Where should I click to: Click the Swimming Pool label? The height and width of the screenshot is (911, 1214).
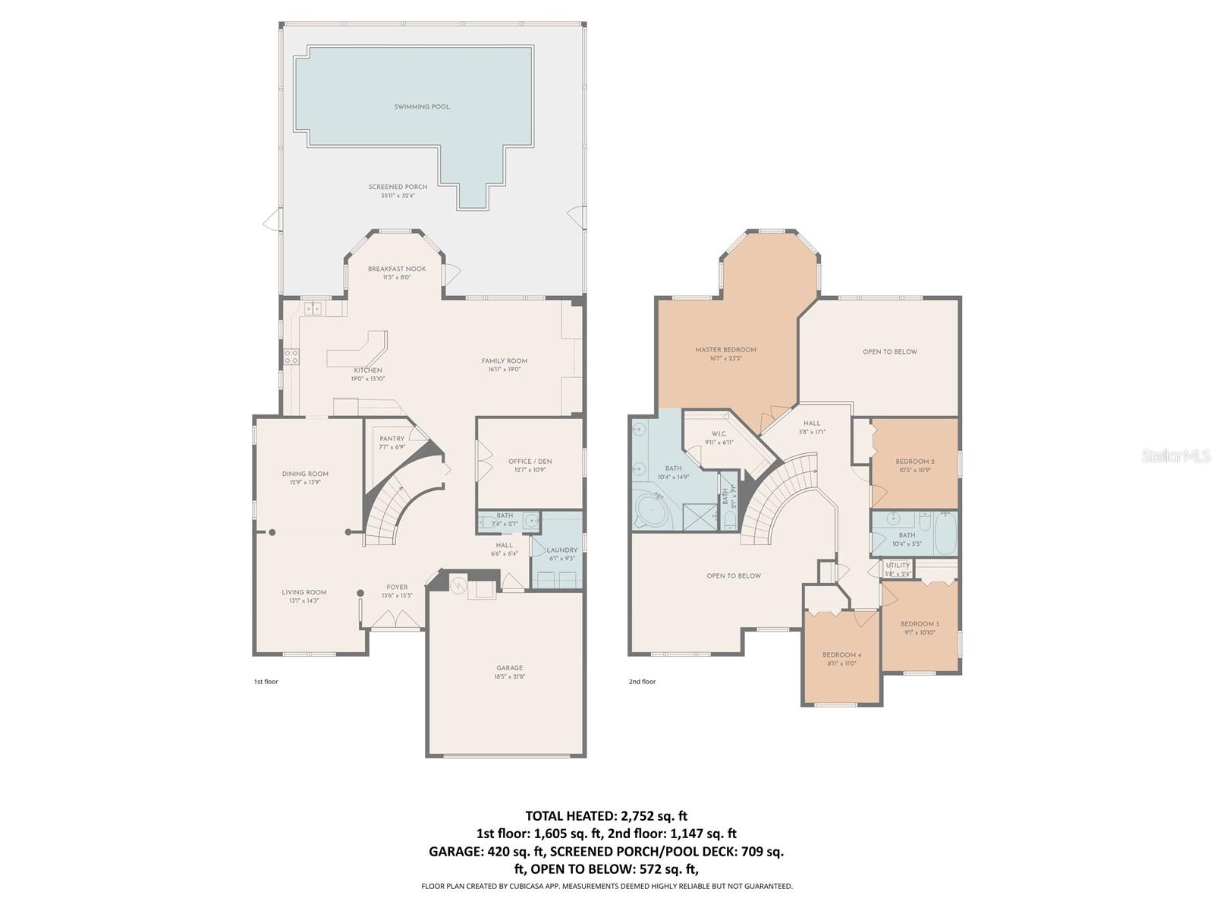(422, 107)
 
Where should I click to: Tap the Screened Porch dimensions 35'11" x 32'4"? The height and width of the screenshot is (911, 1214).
(398, 196)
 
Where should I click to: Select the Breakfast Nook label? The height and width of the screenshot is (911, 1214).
(397, 269)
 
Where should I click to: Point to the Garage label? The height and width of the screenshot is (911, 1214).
(510, 668)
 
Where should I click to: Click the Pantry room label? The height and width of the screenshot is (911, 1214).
(392, 439)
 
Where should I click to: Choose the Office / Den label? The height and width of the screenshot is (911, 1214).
(530, 462)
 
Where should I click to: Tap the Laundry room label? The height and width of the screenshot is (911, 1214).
(562, 550)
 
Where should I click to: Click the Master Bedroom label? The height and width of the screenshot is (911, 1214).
(725, 350)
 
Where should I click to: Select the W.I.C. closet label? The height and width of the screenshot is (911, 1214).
(719, 434)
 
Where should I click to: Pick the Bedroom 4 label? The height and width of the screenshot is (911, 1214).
(841, 655)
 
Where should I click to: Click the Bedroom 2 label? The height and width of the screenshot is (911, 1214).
(914, 462)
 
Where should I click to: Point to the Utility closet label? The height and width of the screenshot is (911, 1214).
(898, 566)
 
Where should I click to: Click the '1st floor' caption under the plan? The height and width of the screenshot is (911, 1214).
(266, 682)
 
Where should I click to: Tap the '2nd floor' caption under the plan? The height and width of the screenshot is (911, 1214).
(642, 682)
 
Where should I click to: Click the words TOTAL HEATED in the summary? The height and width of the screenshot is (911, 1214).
(568, 816)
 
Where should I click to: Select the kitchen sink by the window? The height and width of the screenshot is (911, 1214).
(313, 308)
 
